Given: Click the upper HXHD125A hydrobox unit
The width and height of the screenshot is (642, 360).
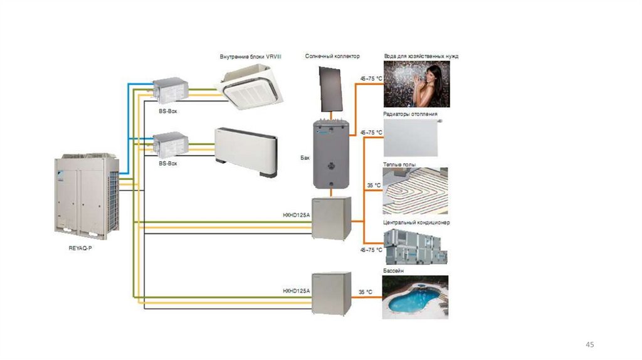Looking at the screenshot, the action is coord(332,218).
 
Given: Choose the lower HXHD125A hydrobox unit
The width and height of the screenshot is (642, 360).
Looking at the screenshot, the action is coord(332,291).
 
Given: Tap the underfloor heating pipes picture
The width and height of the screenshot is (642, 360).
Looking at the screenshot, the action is coord(415,191).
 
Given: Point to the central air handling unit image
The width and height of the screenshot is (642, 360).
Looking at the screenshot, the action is coord(415,246).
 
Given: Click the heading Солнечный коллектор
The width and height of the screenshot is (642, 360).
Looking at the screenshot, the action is coord(332,56).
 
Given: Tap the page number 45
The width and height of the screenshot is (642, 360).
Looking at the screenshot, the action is coord(589,345).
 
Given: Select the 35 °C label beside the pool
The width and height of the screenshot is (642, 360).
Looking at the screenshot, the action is coord(366,292).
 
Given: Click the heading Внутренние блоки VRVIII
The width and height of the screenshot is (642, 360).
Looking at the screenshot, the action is coord(250,56).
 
